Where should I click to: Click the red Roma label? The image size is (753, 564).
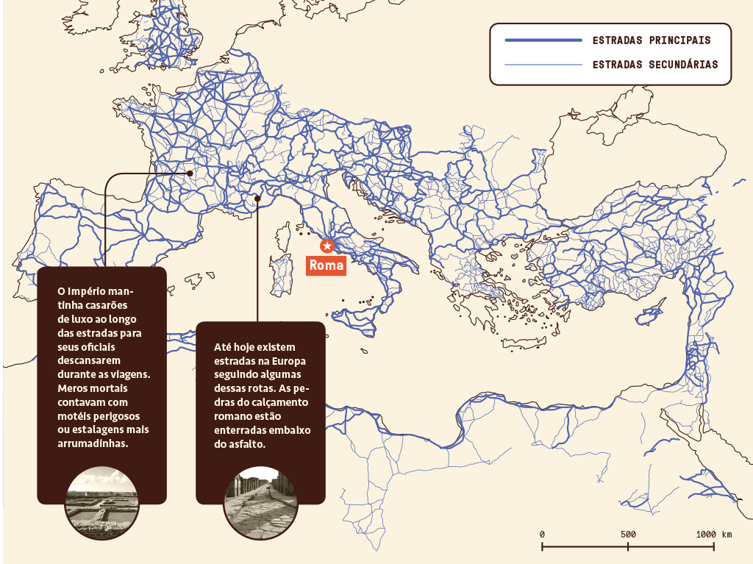tap(326, 265)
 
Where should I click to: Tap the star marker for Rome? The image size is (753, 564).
tap(327, 246)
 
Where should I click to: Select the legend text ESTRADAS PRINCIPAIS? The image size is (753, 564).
tap(652, 40)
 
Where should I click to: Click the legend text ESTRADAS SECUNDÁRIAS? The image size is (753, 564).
tap(655, 65)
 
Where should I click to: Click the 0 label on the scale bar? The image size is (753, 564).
tap(542, 534)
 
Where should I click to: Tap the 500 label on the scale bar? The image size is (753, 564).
tap(628, 534)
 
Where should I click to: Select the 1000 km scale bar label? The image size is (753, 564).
tap(714, 534)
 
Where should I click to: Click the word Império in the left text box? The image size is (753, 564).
tap(90, 290)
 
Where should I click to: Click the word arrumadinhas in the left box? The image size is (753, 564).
tap(93, 444)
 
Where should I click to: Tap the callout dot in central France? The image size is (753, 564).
tap(190, 174)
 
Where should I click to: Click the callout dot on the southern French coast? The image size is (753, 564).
tap(257, 198)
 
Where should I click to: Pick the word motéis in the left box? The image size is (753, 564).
tap(75, 416)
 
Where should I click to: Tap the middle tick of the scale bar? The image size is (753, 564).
tap(628, 546)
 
